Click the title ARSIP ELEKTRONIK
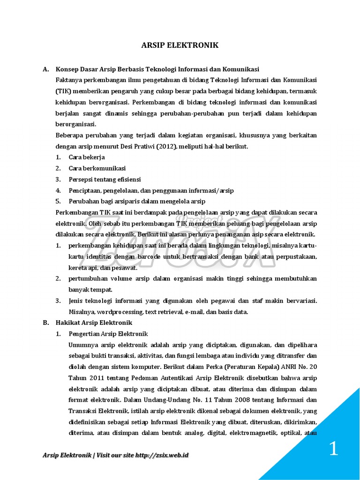[x=180, y=45]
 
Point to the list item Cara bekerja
[x=87, y=157]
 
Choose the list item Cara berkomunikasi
[x=97, y=168]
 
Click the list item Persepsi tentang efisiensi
[x=105, y=180]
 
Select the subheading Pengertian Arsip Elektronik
[x=108, y=334]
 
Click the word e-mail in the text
[x=195, y=312]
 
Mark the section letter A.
[x=45, y=69]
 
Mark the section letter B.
[x=45, y=322]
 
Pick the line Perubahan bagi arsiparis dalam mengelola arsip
[x=137, y=202]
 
